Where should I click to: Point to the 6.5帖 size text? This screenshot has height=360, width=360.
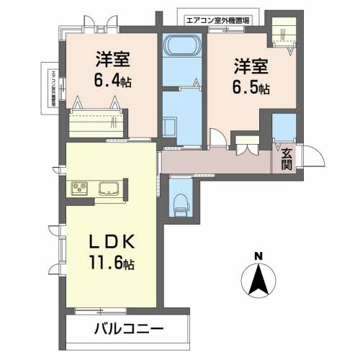tap(250, 89)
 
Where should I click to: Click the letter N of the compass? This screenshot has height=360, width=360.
tap(258, 256)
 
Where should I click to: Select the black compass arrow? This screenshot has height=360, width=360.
tap(258, 281)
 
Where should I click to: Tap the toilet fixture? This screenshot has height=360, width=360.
tap(179, 203)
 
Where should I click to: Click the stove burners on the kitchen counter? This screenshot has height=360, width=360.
tap(79, 189)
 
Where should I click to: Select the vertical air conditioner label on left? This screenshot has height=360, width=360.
tap(53, 89)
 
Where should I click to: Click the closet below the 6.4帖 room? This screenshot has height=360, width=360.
tap(97, 124)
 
